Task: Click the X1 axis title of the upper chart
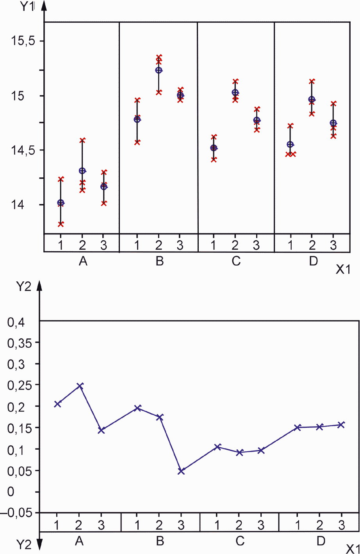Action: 343,270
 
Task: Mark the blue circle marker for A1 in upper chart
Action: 61,202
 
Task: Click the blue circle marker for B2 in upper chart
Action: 159,70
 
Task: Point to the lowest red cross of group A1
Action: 61,224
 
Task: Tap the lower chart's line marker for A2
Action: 80,386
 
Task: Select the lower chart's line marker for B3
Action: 181,471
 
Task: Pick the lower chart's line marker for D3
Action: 341,425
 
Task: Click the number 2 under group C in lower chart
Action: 240,523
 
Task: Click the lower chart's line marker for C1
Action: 218,447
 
